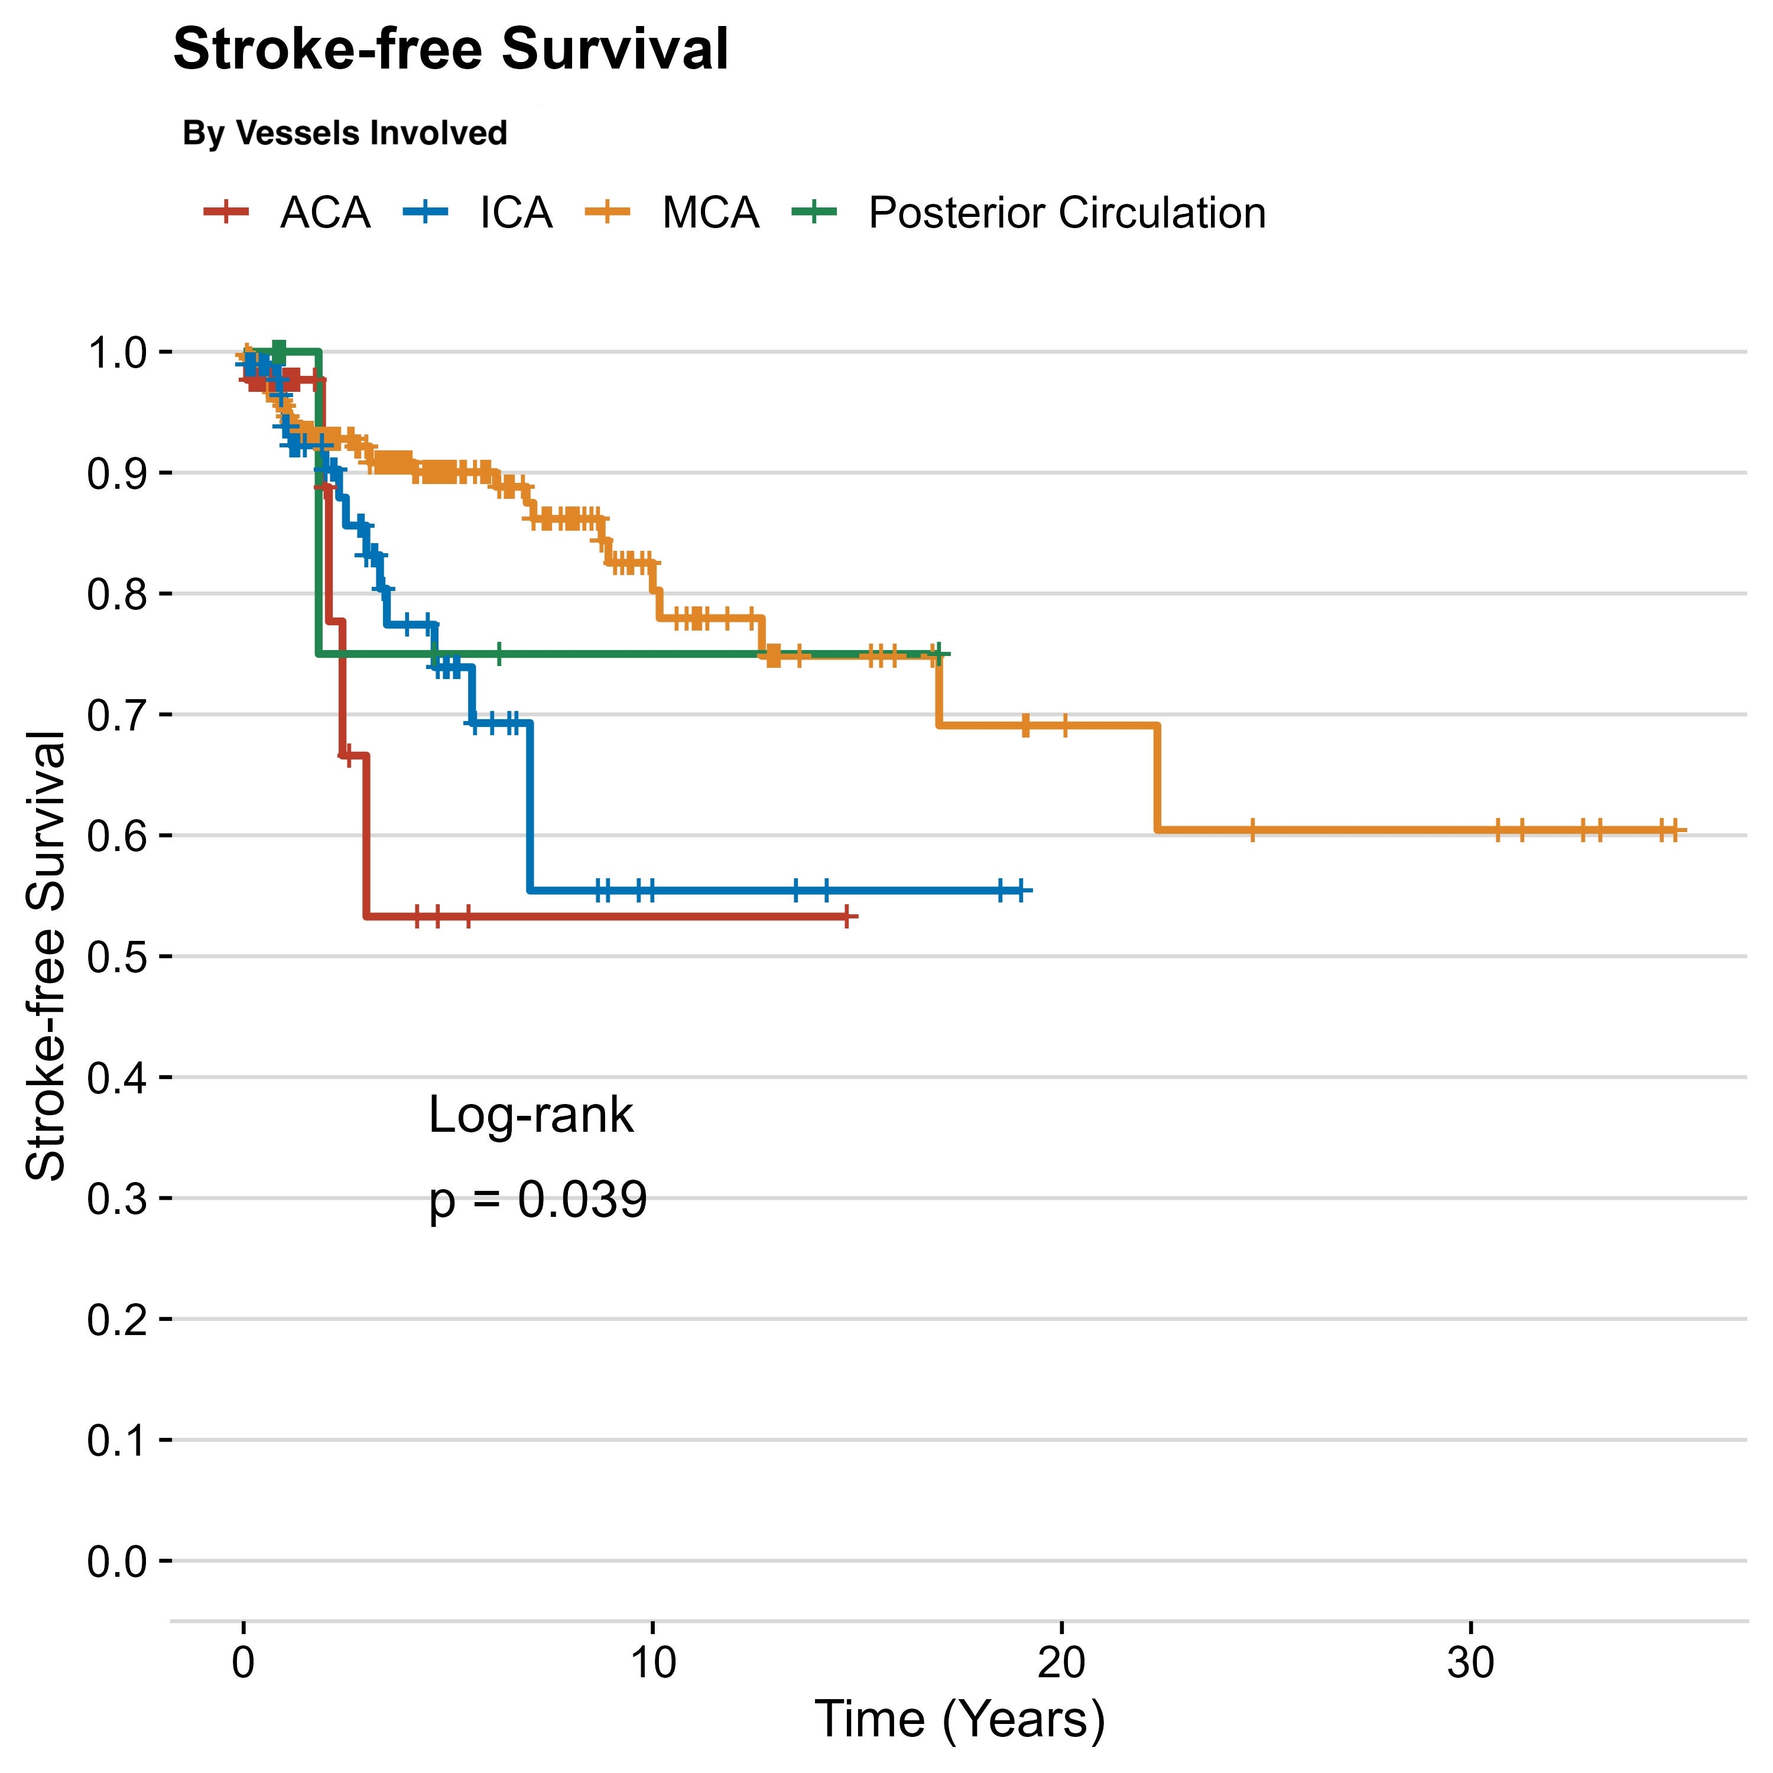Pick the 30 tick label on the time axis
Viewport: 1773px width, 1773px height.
coord(1470,1663)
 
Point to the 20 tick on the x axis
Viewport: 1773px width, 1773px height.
coord(1062,1663)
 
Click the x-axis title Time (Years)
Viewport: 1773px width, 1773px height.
coord(959,1719)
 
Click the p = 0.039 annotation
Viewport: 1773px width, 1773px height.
coord(538,1200)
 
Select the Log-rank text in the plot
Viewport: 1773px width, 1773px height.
coord(531,1116)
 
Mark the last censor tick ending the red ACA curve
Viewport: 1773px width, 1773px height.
coord(848,916)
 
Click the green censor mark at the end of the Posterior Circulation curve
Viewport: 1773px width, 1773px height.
coord(937,654)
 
